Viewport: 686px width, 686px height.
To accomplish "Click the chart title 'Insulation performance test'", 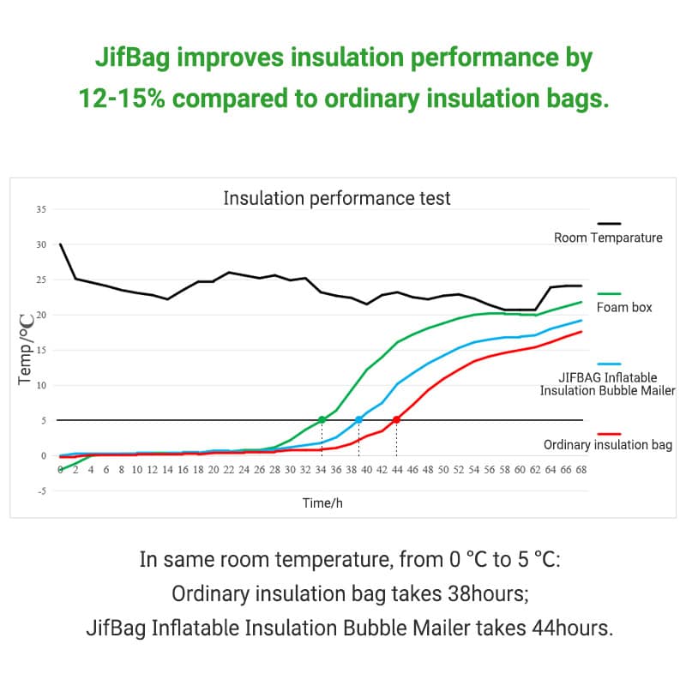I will pyautogui.click(x=336, y=198).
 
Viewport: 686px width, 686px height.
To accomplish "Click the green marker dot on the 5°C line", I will pyautogui.click(x=322, y=420).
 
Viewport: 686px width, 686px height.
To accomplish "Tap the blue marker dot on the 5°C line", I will pyautogui.click(x=359, y=420).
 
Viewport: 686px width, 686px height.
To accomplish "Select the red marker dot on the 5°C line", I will pyautogui.click(x=396, y=420).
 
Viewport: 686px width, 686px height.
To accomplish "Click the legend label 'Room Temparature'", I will pyautogui.click(x=608, y=238).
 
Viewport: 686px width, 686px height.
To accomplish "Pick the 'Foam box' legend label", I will pyautogui.click(x=624, y=307).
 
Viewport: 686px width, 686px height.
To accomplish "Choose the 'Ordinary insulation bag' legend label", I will pyautogui.click(x=608, y=445).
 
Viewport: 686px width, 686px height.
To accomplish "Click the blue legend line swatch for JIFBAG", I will pyautogui.click(x=608, y=364).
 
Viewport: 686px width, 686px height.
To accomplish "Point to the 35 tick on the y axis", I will pyautogui.click(x=41, y=209).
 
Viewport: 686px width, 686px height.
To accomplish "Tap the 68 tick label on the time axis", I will pyautogui.click(x=581, y=470).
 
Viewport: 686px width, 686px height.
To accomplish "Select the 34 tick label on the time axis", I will pyautogui.click(x=321, y=470).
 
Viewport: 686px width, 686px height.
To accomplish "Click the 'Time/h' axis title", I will pyautogui.click(x=322, y=503).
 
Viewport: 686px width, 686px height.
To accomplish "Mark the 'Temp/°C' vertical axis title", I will pyautogui.click(x=27, y=346).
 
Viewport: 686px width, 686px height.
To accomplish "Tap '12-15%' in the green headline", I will pyautogui.click(x=122, y=98).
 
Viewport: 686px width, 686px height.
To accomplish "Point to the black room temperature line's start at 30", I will pyautogui.click(x=60, y=244).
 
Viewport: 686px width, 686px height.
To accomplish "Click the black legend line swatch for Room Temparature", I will pyautogui.click(x=608, y=223).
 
